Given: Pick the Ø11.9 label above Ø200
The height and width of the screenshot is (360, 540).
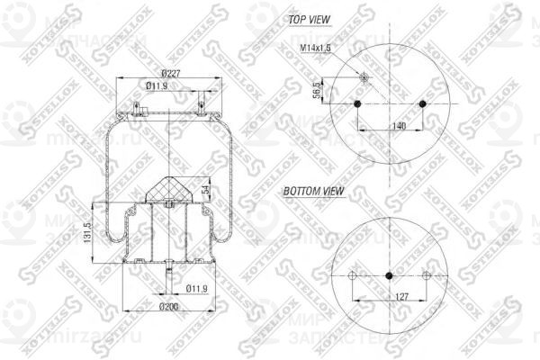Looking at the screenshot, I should click(x=197, y=288).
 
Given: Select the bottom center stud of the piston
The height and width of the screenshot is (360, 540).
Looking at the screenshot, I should click(x=168, y=270).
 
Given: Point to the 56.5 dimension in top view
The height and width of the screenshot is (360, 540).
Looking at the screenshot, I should click(x=316, y=92).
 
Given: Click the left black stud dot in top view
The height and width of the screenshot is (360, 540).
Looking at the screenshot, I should click(x=357, y=104).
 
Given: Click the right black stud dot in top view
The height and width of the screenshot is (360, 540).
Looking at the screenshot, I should click(x=420, y=104).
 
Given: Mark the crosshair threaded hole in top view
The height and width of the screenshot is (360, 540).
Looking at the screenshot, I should click(x=364, y=78).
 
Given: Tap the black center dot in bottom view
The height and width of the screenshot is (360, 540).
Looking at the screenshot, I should click(x=389, y=275).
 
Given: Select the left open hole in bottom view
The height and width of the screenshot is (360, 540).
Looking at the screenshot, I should click(x=353, y=275).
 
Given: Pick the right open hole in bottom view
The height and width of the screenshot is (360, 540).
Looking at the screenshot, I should click(x=426, y=275).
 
